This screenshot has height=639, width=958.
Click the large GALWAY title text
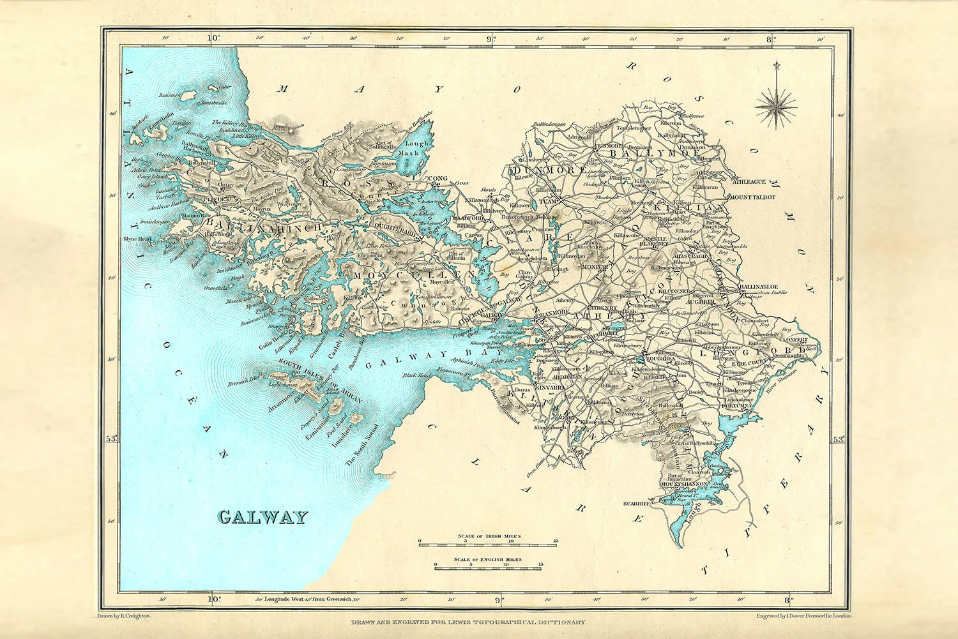click(262, 516)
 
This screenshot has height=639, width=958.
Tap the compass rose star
click(776, 105)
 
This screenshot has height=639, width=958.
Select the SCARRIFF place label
click(637, 504)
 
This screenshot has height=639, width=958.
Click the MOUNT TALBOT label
click(752, 197)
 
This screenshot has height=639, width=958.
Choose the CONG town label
click(438, 179)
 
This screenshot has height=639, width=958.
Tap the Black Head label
click(415, 375)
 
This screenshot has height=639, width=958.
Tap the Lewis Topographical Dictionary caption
click(468, 622)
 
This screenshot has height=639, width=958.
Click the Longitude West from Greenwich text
click(300, 599)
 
